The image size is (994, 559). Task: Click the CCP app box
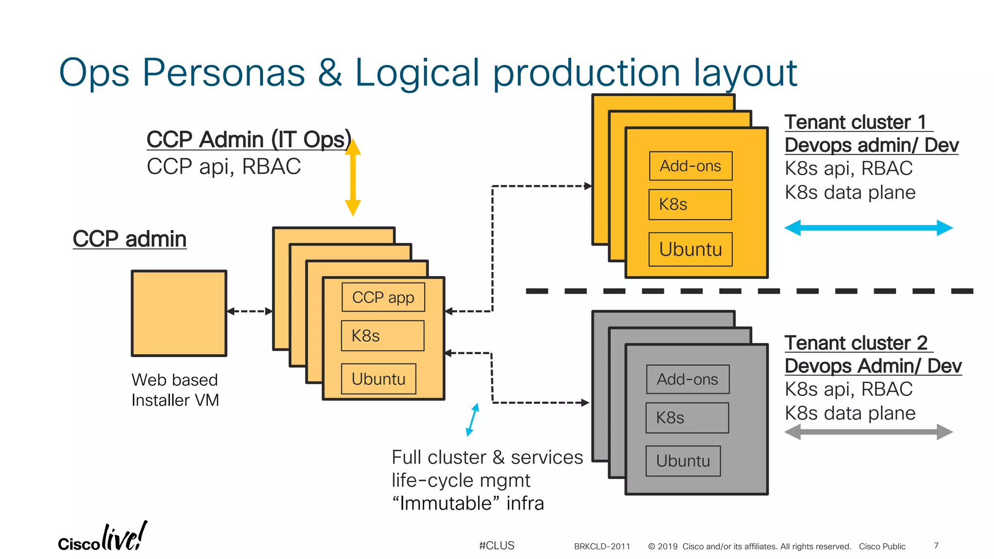coord(383,297)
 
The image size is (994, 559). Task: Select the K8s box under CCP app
coord(382,335)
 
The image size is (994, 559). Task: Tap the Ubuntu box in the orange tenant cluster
coord(690,249)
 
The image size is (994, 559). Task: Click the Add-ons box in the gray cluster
coord(687,379)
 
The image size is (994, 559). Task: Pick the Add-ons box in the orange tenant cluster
coord(690,166)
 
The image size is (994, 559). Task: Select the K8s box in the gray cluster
coord(687,417)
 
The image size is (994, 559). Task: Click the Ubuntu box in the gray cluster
coord(683,460)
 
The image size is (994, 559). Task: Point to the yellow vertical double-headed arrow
coord(353,178)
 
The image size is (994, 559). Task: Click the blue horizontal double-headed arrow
coord(868,228)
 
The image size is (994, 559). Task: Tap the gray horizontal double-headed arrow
coord(868,431)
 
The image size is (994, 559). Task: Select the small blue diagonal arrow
coord(472,419)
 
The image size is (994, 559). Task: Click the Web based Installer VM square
coord(179,313)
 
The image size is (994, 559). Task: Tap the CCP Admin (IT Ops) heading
coord(248,140)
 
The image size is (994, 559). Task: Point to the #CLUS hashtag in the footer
coord(497,545)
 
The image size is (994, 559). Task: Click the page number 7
coord(936,545)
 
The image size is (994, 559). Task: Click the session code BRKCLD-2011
coord(602,546)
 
